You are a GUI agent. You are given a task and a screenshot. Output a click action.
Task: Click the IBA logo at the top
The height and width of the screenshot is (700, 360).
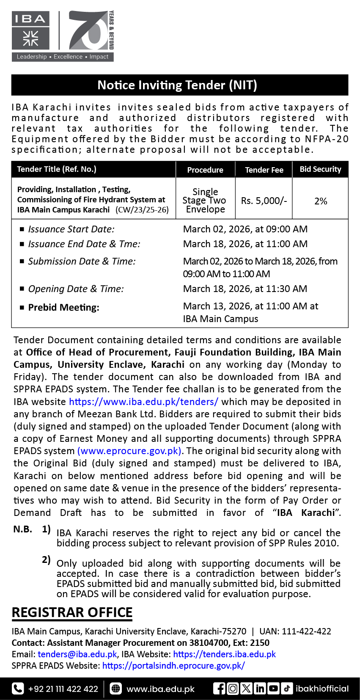[30, 30]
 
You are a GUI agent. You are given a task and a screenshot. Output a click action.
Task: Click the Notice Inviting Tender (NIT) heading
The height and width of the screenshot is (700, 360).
[177, 85]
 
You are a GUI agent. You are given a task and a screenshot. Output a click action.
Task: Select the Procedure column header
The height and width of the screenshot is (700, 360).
[205, 170]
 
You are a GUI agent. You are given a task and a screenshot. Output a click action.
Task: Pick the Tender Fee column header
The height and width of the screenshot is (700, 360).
[264, 170]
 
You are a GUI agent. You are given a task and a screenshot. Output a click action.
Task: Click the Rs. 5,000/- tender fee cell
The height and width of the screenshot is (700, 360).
[264, 201]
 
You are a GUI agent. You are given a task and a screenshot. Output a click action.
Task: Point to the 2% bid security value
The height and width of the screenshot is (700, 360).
[321, 201]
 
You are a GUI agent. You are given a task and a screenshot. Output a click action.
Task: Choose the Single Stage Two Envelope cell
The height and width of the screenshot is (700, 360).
[205, 201]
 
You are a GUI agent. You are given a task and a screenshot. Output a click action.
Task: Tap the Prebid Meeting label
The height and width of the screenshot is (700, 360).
[63, 308]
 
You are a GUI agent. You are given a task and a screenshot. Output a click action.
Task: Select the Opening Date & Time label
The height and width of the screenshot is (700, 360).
[76, 289]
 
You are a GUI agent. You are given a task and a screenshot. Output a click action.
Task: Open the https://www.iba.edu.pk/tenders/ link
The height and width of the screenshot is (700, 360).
[143, 402]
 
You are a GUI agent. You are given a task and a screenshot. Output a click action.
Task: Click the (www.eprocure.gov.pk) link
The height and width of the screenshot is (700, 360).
[129, 451]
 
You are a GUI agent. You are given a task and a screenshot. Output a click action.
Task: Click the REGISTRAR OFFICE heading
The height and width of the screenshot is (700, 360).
[72, 612]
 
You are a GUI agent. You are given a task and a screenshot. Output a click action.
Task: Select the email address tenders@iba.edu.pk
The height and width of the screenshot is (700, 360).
[77, 654]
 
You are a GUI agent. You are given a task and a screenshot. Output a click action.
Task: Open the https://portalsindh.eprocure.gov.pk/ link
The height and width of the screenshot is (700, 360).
[173, 666]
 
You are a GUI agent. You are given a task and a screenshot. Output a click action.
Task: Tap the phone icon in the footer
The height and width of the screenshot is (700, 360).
[18, 689]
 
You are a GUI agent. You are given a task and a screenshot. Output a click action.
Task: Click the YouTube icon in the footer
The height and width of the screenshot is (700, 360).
[273, 689]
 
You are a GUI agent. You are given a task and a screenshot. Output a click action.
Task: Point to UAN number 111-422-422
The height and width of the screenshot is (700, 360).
[306, 631]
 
